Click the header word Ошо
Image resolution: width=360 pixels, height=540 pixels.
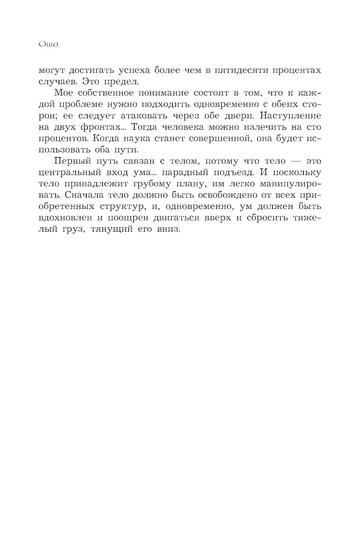[x=48, y=45]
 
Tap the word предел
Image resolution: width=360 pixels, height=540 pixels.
[x=117, y=81]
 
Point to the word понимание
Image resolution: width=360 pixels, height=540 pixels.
[x=156, y=93]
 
